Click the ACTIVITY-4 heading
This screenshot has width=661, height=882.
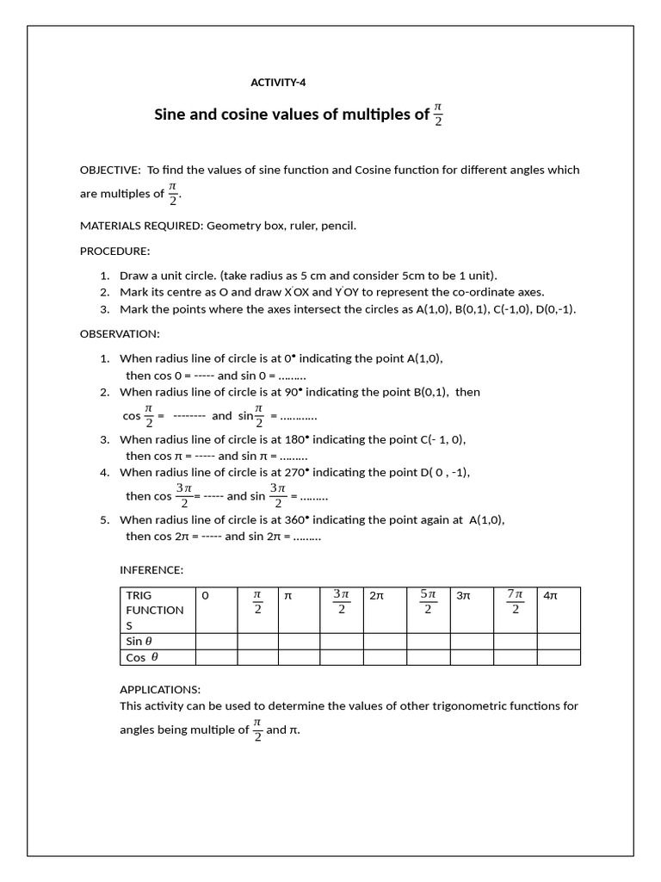277,83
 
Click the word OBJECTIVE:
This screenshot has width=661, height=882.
110,170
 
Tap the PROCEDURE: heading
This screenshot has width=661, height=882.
114,251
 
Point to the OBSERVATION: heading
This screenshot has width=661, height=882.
120,333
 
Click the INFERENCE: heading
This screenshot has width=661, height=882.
151,569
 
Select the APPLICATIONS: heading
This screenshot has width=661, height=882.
159,689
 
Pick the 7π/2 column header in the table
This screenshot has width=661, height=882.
515,601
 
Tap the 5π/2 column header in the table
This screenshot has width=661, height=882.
428,601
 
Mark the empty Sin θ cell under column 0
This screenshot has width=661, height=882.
216,641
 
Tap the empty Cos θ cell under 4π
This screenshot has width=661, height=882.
559,657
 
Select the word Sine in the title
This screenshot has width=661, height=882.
170,115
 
